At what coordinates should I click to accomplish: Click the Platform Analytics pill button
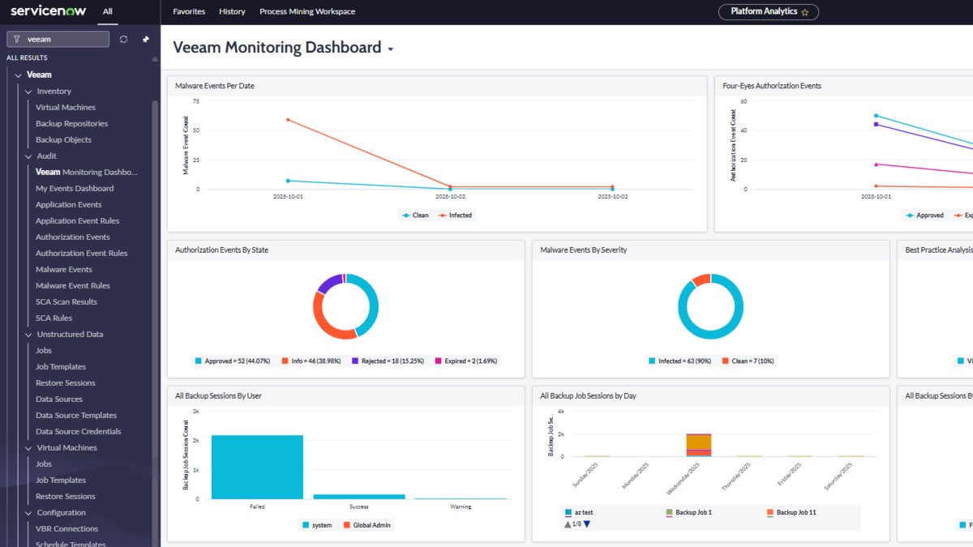click(x=768, y=12)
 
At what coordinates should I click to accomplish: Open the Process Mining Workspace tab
click(x=307, y=12)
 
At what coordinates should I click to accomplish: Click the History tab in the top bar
click(x=232, y=12)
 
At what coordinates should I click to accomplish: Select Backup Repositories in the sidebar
click(x=71, y=124)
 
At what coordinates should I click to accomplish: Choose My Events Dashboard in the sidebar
click(x=75, y=189)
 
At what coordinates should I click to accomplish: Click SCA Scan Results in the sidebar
click(x=66, y=302)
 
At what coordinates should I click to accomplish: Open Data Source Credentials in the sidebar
click(x=78, y=432)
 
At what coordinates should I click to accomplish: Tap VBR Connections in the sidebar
click(x=66, y=529)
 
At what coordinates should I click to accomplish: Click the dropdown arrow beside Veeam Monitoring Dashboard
click(x=391, y=49)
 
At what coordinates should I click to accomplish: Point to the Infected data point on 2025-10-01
click(x=288, y=120)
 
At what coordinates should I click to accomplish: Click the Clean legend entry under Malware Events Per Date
click(x=415, y=216)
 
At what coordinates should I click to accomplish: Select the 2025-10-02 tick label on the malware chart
click(x=450, y=197)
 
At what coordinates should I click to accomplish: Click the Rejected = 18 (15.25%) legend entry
click(x=390, y=361)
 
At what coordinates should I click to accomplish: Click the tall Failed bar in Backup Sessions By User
click(x=257, y=467)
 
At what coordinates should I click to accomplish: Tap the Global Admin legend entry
click(x=368, y=525)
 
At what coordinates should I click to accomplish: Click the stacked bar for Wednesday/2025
click(x=698, y=445)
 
